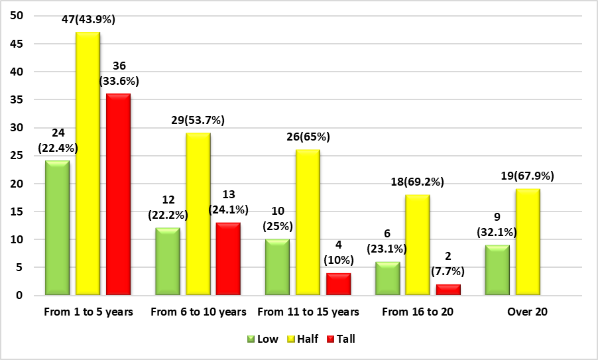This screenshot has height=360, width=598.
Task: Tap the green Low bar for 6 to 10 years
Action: tap(167, 261)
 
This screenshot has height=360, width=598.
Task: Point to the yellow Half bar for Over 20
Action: tap(528, 241)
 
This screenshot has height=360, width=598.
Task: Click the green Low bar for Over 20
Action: tap(497, 270)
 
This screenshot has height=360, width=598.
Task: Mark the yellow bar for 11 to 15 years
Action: tap(308, 222)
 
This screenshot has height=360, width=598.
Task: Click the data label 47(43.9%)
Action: tap(88, 20)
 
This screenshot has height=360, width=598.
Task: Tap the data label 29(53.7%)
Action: tap(198, 120)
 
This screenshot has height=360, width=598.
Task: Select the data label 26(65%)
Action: tap(308, 137)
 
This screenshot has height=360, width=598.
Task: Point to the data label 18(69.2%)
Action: tap(417, 182)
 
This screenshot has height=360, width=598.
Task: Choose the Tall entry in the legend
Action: tap(340, 339)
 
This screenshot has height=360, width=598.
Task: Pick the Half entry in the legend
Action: tap(302, 339)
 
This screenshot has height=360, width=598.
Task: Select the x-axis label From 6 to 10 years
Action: tap(199, 312)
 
